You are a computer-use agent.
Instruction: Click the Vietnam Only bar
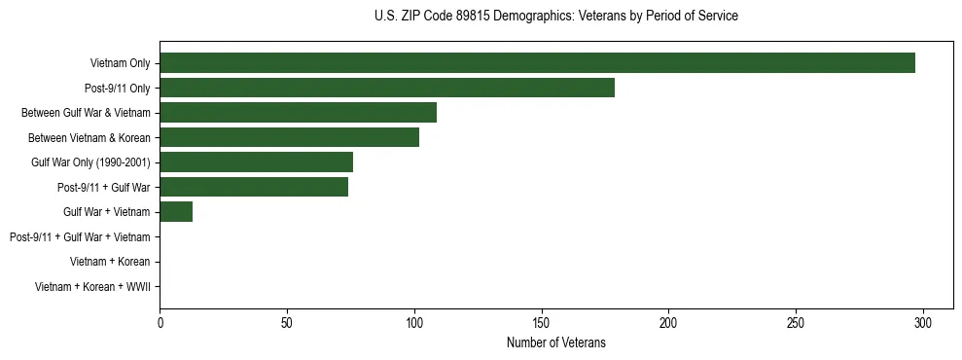pyautogui.click(x=537, y=63)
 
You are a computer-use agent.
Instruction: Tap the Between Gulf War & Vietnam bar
pyautogui.click(x=298, y=113)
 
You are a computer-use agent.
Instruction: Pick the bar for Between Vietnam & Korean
pyautogui.click(x=289, y=137)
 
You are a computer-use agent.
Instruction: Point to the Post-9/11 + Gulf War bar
pyautogui.click(x=254, y=187)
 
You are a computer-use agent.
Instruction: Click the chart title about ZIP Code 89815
pyautogui.click(x=555, y=17)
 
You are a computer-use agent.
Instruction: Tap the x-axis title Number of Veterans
pyautogui.click(x=555, y=342)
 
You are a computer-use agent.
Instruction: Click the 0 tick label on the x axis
pyautogui.click(x=160, y=322)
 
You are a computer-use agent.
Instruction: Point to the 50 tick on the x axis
pyautogui.click(x=287, y=322)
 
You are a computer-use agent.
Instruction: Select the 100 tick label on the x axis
pyautogui.click(x=414, y=322)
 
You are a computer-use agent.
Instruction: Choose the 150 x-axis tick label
pyautogui.click(x=542, y=322)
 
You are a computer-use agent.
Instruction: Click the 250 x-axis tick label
pyautogui.click(x=796, y=322)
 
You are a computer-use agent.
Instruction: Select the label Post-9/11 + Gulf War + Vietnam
pyautogui.click(x=80, y=236)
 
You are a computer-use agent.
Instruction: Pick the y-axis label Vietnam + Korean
pyautogui.click(x=110, y=262)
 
